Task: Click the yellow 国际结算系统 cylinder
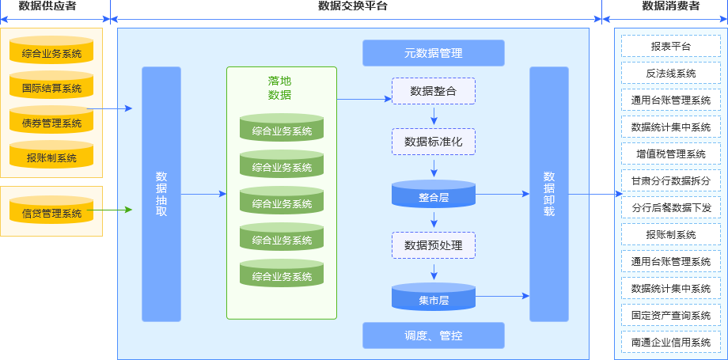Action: click(x=51, y=87)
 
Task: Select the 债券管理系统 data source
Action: click(x=51, y=122)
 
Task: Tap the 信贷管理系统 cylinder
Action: click(x=51, y=212)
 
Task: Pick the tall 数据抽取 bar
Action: click(x=161, y=194)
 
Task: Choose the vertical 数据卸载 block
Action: click(x=549, y=194)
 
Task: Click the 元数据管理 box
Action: click(x=433, y=53)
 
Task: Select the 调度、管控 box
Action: click(x=433, y=335)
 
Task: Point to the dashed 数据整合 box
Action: click(x=433, y=91)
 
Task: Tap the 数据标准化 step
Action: click(x=433, y=142)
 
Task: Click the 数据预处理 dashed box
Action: click(x=433, y=244)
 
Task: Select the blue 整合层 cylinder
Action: click(x=433, y=195)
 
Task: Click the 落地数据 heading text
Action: click(x=279, y=88)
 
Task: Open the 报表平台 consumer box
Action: click(x=670, y=47)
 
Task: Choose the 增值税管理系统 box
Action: click(x=670, y=153)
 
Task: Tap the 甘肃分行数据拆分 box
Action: click(x=670, y=180)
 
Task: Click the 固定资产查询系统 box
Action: click(x=670, y=315)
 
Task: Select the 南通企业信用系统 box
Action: click(x=670, y=342)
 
